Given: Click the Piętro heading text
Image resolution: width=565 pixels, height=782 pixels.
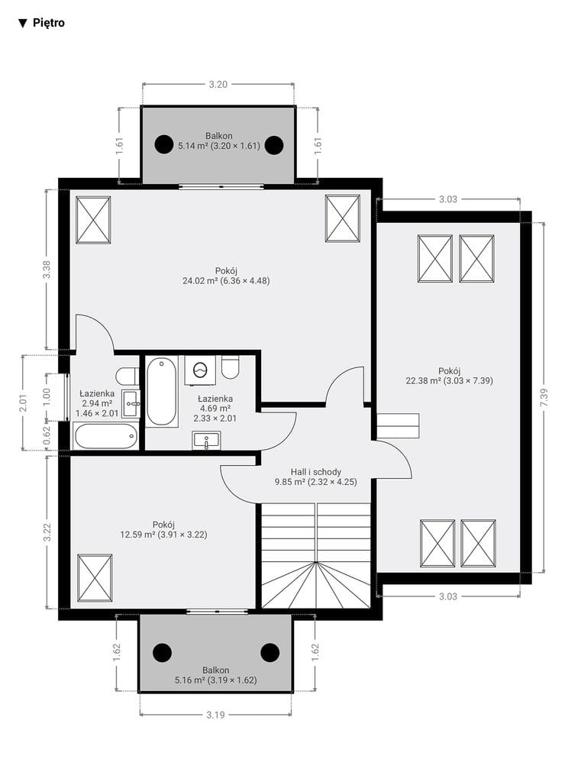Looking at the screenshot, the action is (x=48, y=23).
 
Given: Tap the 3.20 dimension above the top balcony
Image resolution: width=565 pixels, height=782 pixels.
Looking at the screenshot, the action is (x=218, y=84).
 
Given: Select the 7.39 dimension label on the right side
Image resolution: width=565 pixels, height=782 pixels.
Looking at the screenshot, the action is (x=544, y=398).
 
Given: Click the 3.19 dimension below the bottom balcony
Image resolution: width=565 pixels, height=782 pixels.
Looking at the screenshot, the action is (x=215, y=715).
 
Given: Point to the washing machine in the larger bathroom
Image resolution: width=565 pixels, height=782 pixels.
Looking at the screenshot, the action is (x=201, y=370).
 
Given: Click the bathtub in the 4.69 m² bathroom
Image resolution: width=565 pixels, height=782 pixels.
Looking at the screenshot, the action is (x=162, y=392).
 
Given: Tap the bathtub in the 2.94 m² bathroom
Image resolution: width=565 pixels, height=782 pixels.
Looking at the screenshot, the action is (x=105, y=437).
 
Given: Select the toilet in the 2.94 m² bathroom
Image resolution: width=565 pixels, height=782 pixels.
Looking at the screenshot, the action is (x=128, y=374).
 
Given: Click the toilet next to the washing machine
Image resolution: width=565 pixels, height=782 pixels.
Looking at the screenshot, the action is (x=231, y=367).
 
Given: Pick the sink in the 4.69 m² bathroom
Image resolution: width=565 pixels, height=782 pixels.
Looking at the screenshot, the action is (x=206, y=441).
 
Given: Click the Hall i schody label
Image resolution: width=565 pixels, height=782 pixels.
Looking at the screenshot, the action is (x=316, y=472).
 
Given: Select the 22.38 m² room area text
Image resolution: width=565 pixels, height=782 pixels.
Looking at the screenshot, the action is (x=449, y=380).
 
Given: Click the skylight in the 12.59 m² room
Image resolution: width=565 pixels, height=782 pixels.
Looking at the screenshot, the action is (x=95, y=578).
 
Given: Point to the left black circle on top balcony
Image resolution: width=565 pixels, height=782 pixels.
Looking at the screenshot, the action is (x=163, y=144).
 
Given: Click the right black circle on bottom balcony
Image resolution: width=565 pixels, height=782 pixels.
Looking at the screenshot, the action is (x=270, y=652).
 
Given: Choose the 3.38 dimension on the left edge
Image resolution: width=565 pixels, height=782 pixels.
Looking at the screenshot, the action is (x=47, y=270).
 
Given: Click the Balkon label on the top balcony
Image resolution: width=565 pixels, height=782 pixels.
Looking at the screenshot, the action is (x=219, y=136).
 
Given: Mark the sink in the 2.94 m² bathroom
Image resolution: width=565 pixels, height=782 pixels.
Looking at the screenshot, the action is (x=131, y=403).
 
